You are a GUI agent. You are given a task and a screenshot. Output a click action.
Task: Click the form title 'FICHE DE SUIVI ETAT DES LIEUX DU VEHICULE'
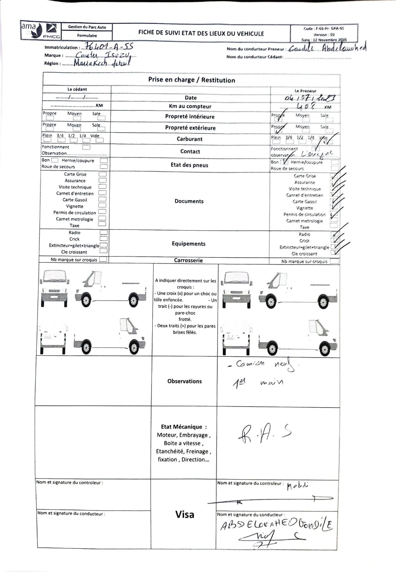click(x=201, y=33)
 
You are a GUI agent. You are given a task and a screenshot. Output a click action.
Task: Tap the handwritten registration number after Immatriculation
click(x=107, y=47)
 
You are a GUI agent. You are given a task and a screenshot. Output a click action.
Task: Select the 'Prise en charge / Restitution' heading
click(x=192, y=80)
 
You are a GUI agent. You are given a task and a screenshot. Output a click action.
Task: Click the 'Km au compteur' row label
click(x=190, y=106)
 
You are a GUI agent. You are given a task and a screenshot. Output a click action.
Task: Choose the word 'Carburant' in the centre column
click(x=189, y=139)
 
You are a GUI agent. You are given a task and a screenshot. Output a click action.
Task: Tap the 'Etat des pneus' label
click(x=189, y=165)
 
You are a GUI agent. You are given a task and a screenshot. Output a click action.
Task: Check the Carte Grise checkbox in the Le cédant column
click(x=103, y=174)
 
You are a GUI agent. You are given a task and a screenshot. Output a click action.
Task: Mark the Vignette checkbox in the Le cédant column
click(x=102, y=206)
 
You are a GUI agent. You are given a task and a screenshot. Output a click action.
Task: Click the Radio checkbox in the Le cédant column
click(x=104, y=232)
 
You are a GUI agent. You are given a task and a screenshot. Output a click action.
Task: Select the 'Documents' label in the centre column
click(x=189, y=201)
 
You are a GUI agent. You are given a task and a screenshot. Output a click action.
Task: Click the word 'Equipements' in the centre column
click(x=188, y=244)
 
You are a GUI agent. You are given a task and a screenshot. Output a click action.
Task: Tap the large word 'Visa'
click(x=185, y=514)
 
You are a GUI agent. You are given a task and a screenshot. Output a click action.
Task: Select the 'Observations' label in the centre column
click(x=184, y=381)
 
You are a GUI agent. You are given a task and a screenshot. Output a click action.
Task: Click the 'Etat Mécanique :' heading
click(x=184, y=427)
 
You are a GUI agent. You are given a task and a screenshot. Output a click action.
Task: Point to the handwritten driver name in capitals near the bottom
click(x=276, y=524)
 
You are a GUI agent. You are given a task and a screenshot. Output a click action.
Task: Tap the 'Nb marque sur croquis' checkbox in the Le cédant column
click(x=103, y=260)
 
